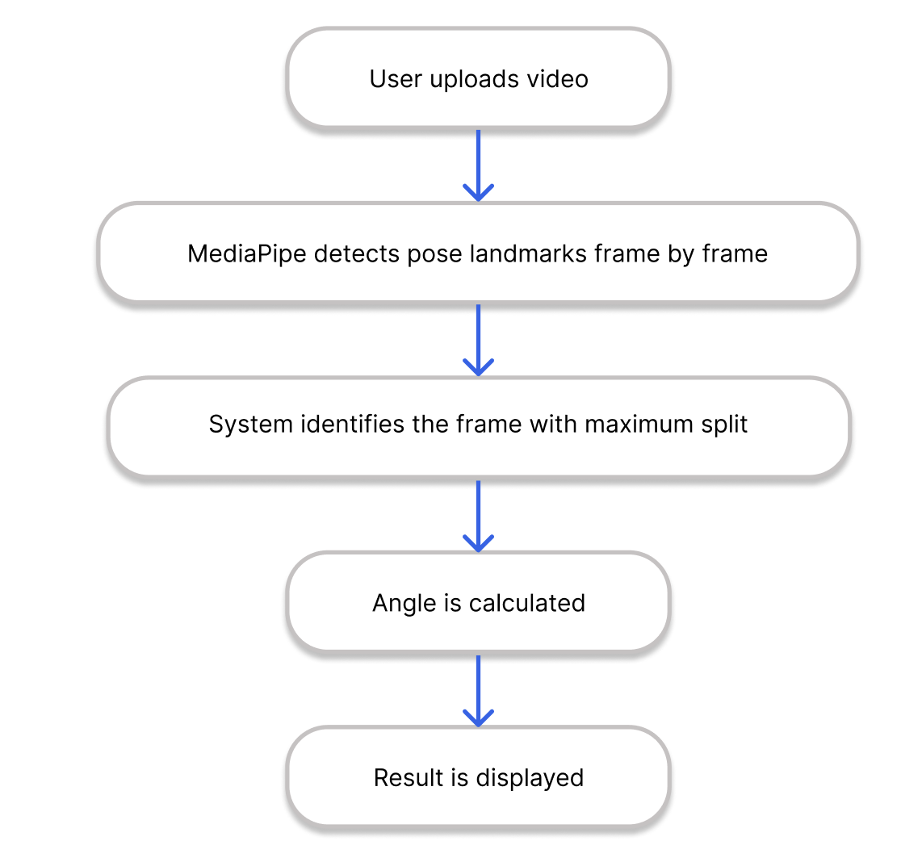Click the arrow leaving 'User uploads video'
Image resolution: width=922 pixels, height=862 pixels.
click(x=478, y=165)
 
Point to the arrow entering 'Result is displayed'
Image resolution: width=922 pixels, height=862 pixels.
click(x=478, y=691)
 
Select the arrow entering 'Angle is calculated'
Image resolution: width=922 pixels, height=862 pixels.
click(x=478, y=517)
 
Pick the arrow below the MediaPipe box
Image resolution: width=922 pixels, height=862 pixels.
click(x=478, y=340)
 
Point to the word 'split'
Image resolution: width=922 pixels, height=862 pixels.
click(x=723, y=425)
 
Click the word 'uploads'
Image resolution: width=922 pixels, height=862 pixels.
click(x=475, y=80)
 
